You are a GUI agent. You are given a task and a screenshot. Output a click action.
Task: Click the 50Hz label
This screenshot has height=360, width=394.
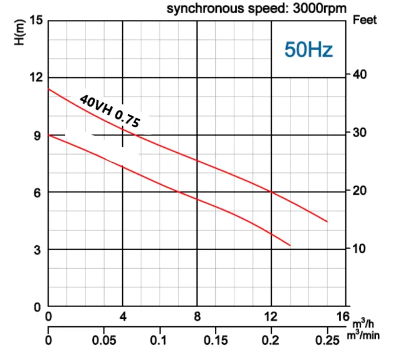[309, 49]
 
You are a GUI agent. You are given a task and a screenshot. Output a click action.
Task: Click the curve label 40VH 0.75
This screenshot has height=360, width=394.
[110, 112]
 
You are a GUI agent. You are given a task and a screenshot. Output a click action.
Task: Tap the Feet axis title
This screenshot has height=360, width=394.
[365, 20]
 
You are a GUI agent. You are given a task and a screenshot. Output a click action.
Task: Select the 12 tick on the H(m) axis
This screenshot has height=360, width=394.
[37, 77]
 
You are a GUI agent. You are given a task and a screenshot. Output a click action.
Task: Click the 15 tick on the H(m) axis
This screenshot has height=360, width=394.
[37, 20]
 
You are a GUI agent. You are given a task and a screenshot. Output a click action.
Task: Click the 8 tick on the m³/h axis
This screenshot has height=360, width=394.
[197, 316]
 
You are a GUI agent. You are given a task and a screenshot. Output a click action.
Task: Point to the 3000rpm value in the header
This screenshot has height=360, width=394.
[319, 9]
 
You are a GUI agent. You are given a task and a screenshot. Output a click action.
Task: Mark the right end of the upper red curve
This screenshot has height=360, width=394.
[327, 221]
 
